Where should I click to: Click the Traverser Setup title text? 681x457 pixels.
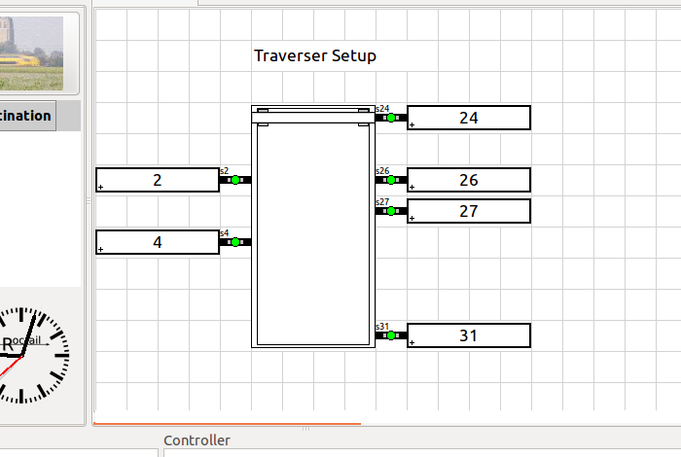point(314,55)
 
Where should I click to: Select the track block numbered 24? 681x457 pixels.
point(468,118)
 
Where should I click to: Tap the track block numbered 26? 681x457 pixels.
point(468,180)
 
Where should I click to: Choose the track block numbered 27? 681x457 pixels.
point(468,211)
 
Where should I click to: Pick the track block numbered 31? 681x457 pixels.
point(468,335)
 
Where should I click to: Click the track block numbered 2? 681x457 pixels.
point(158,180)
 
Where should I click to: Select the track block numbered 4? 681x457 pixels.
point(158,242)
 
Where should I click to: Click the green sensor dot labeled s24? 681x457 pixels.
point(391,118)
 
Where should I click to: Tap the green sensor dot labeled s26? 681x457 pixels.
point(391,180)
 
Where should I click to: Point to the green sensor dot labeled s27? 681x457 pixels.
point(391,211)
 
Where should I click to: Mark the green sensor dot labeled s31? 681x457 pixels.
point(391,335)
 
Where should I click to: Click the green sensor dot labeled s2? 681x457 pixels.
point(235,180)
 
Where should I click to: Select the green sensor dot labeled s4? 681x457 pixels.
point(235,242)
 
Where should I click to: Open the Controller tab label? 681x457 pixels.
point(197,440)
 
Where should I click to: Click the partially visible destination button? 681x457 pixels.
point(26,116)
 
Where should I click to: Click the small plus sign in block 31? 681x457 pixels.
point(412,343)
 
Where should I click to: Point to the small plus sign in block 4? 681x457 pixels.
point(101,250)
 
